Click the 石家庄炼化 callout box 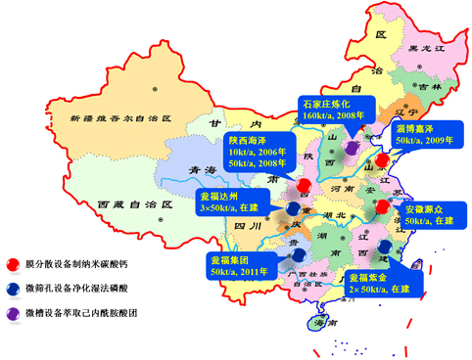(331, 110)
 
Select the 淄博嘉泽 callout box (425, 135)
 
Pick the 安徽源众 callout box (429, 214)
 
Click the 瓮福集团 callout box (237, 264)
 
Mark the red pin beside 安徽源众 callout (380, 207)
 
